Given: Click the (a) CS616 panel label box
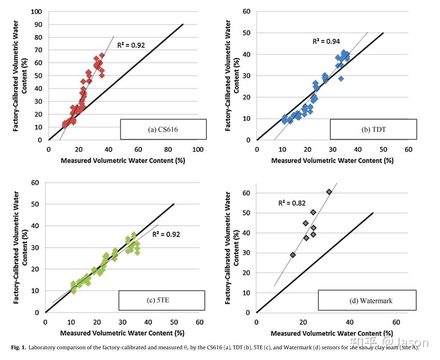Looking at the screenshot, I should click(x=163, y=129).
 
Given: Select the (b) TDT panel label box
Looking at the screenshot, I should click(x=373, y=129).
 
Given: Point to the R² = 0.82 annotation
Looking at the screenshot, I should click(x=292, y=203).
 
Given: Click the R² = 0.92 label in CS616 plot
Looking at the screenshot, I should click(x=131, y=45).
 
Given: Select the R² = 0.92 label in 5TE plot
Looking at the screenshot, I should click(x=166, y=235).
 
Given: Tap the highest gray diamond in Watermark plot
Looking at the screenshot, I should click(x=329, y=192).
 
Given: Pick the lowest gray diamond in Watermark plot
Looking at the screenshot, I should click(x=293, y=255).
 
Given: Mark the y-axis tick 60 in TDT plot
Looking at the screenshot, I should click(x=246, y=12).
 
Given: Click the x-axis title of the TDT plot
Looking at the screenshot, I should click(x=332, y=161).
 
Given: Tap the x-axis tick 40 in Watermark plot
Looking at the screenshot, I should click(x=349, y=322).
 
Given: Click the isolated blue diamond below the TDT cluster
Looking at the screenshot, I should click(x=341, y=78).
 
